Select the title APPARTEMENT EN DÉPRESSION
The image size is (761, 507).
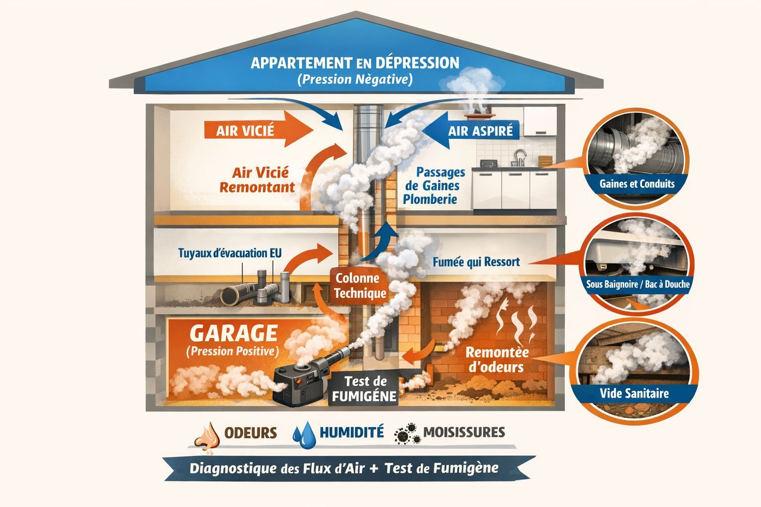tap(355, 63)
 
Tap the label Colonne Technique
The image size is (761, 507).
tap(360, 286)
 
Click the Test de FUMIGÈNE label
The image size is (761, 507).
tap(364, 389)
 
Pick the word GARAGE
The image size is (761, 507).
tap(233, 333)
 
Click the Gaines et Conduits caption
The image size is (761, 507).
tap(637, 184)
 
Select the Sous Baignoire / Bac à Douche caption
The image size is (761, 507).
tap(638, 285)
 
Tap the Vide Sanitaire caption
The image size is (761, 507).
tap(634, 394)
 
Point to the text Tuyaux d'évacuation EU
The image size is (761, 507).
tap(229, 253)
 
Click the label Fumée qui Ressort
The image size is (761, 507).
tap(476, 262)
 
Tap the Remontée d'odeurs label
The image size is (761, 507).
tap(496, 360)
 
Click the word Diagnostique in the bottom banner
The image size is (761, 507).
tap(234, 468)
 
